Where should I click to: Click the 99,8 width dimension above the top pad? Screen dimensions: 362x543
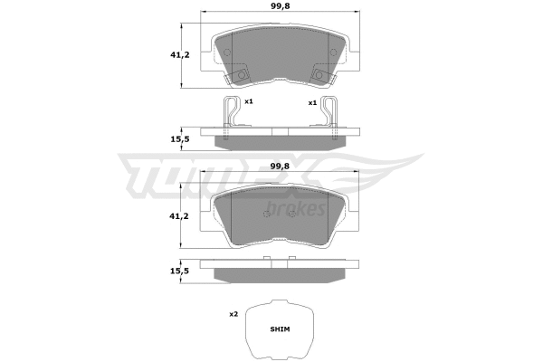[277, 8]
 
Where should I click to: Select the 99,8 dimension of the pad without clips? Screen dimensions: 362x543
[277, 167]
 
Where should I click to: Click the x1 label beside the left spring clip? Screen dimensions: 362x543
[247, 102]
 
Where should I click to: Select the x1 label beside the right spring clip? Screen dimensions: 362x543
[312, 102]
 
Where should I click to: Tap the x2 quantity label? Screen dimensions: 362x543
[233, 314]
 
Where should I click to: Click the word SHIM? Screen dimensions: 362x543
[279, 332]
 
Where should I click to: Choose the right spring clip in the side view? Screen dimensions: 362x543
[329, 113]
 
